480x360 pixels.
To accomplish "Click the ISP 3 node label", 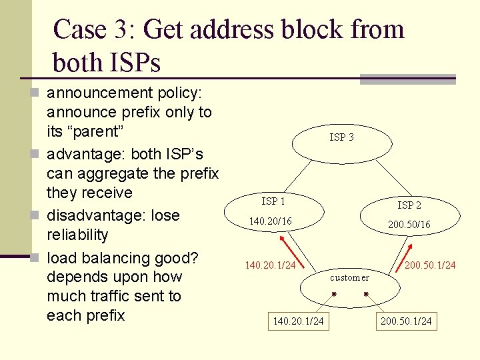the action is coord(341,137).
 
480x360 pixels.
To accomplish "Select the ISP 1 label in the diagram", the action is coord(273,201).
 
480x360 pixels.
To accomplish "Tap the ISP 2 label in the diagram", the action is coord(409,205).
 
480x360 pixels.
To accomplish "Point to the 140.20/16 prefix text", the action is coord(270,221).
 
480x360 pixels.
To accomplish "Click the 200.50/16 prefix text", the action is coord(409,225).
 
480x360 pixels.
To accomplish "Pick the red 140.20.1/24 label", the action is coord(270,265).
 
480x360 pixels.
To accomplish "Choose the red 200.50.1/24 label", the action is coord(430,265).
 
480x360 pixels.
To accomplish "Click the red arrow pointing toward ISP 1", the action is coord(292,252).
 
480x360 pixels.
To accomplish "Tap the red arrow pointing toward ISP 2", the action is coord(404,258).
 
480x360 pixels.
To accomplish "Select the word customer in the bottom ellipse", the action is coord(349,277).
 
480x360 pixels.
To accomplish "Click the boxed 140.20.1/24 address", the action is coord(299,321).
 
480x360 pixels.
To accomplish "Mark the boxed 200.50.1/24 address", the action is coord(406,321).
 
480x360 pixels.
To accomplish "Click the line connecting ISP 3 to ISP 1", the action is coord(298,177).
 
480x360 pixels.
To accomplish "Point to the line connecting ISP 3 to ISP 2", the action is coord(394,178).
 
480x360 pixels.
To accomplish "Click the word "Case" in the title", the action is coord(79,29).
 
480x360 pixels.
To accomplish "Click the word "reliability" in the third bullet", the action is coord(77,235).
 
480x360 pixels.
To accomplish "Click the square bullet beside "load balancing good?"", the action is coord(35,257).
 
